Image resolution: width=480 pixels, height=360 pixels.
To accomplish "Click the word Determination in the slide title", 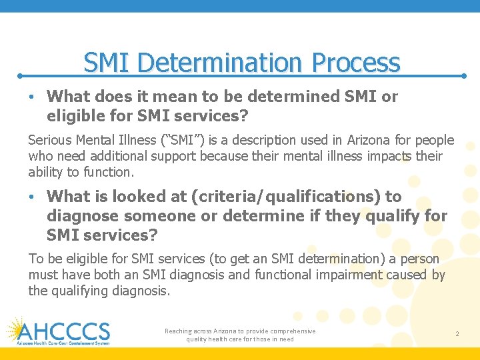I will (223, 63).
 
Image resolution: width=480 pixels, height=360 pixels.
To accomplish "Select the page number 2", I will (457, 333).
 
